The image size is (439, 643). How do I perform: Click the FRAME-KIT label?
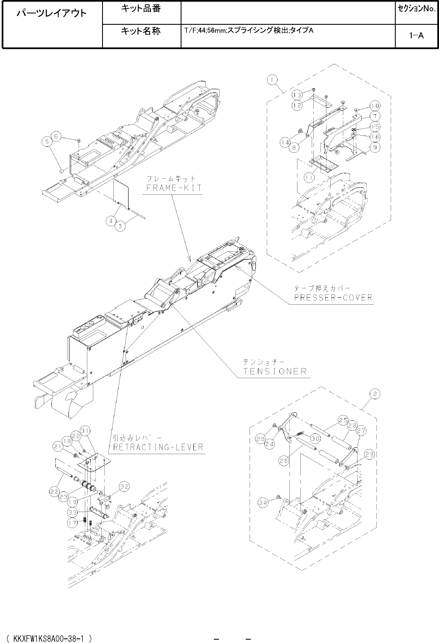coord(174,188)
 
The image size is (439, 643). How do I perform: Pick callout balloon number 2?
coord(375,394)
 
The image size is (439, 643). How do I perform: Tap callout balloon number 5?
coord(47,142)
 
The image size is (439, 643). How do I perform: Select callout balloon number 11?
coord(310,178)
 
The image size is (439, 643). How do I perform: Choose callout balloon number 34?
coord(263,503)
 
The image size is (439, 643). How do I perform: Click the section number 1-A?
coord(416,36)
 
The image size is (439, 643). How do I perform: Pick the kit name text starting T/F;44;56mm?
coord(249,31)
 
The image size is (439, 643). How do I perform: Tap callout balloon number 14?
coord(285,143)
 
